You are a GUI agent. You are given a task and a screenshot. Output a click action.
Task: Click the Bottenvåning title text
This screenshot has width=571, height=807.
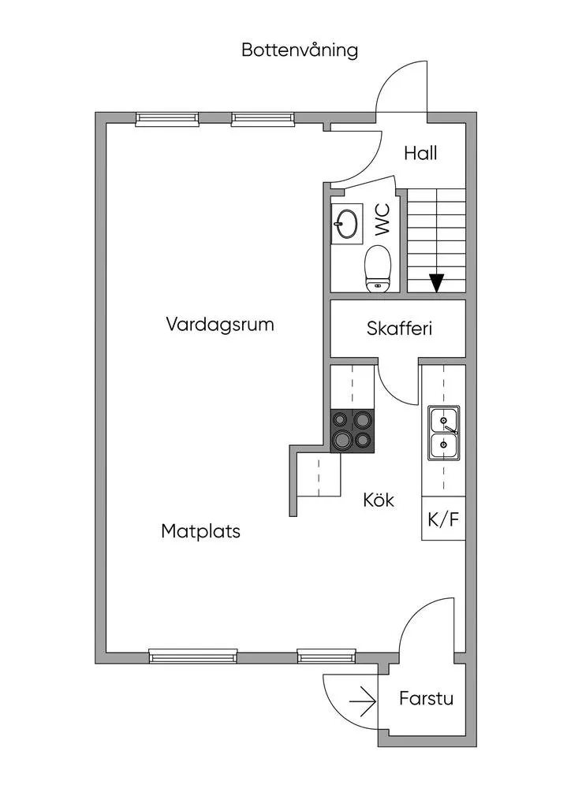point(300,50)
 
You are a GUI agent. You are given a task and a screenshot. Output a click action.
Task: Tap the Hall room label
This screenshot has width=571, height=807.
point(420,153)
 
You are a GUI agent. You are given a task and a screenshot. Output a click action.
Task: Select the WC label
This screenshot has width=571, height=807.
point(383,221)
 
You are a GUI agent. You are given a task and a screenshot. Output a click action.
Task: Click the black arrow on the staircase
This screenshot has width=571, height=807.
point(436,281)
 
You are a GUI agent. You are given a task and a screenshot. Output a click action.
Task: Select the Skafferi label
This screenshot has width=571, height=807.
point(399,329)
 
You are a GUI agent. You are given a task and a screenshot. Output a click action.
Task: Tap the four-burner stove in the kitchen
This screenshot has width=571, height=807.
point(352,431)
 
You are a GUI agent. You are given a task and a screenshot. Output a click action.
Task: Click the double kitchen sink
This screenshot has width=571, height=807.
point(443,433)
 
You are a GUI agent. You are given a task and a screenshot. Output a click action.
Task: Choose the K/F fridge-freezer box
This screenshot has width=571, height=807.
point(443,519)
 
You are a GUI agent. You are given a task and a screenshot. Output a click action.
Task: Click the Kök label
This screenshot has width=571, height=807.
point(379,500)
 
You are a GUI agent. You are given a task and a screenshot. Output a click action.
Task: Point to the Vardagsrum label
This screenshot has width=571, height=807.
point(220,324)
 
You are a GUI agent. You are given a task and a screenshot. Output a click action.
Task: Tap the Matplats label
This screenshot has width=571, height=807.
point(200,531)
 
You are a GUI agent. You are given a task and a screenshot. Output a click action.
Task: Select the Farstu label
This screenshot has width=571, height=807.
point(426,698)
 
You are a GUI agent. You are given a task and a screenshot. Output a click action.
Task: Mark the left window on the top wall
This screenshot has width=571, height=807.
point(167,119)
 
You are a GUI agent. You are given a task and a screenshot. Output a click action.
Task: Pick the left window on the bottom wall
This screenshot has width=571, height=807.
point(192,655)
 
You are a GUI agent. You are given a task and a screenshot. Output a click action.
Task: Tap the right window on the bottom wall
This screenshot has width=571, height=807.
point(327,655)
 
